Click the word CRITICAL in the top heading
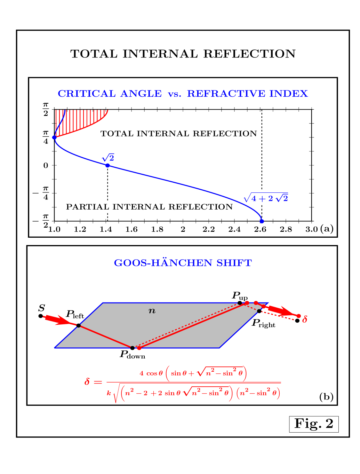click(x=87, y=94)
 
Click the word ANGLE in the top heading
click(x=141, y=94)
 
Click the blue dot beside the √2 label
click(x=107, y=165)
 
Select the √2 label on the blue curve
click(x=108, y=158)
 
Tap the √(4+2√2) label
click(x=266, y=198)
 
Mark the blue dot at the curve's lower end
click(x=262, y=221)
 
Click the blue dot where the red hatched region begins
click(x=54, y=137)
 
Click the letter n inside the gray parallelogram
click(x=152, y=311)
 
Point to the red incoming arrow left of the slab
click(x=57, y=320)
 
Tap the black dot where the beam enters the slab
click(x=79, y=325)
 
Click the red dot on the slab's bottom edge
click(x=139, y=348)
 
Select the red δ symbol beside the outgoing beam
click(x=305, y=319)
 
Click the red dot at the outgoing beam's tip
click(x=298, y=316)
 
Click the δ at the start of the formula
click(x=87, y=382)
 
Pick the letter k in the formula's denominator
click(x=109, y=393)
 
